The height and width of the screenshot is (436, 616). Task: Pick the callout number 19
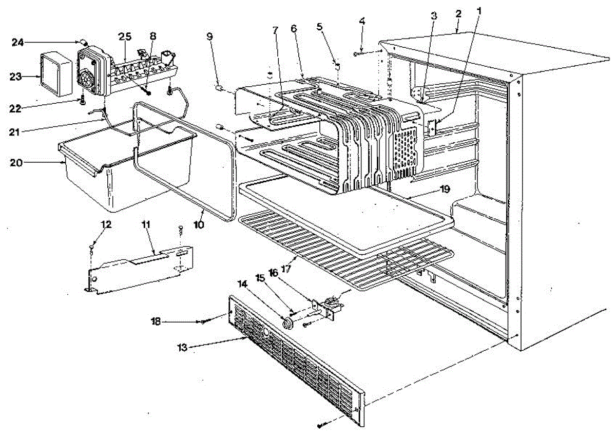pos(445,189)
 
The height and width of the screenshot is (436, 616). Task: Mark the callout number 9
pos(209,36)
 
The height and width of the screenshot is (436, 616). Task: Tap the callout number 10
pos(198,225)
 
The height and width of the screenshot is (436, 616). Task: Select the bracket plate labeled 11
pos(139,270)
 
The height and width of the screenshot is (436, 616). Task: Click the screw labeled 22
pos(82,101)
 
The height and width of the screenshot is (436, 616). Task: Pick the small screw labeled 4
pos(356,53)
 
